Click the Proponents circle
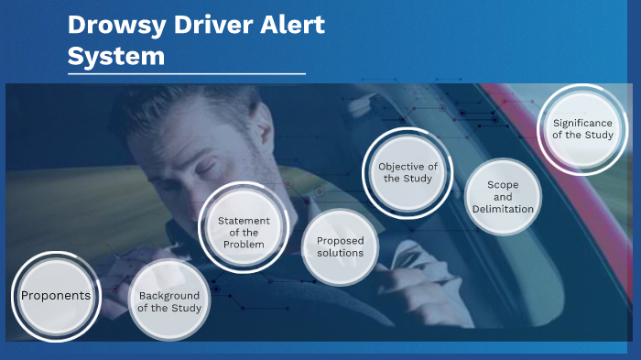click(56, 296)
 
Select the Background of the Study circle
click(169, 301)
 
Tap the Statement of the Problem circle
click(244, 227)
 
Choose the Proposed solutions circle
click(341, 246)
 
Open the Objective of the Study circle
click(407, 172)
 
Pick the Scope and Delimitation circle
click(503, 197)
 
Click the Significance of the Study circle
click(583, 129)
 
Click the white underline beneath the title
click(186, 73)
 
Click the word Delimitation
click(503, 209)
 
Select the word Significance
click(583, 123)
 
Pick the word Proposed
click(341, 240)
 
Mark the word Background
click(169, 295)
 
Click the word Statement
click(244, 220)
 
